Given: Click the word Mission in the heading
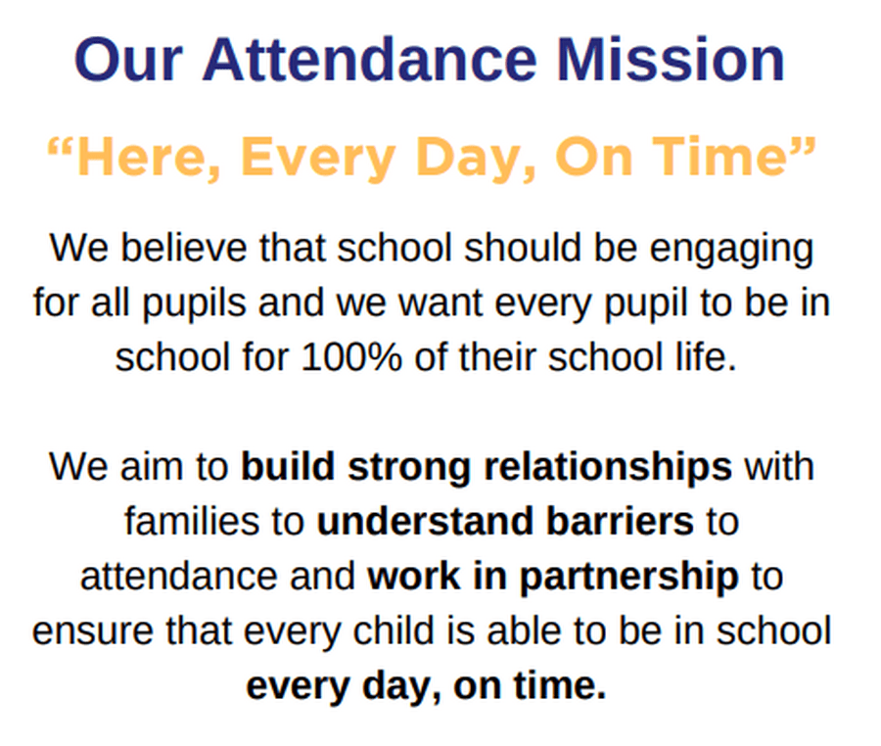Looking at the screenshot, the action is pyautogui.click(x=671, y=60).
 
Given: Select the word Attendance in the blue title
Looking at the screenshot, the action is pyautogui.click(x=370, y=60).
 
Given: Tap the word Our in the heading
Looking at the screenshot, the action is pyautogui.click(x=128, y=60).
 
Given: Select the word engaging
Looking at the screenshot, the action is pyautogui.click(x=731, y=250).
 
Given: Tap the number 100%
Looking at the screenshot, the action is pyautogui.click(x=351, y=356).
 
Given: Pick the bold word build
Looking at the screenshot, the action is pyautogui.click(x=288, y=466).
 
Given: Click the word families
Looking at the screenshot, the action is pyautogui.click(x=192, y=520).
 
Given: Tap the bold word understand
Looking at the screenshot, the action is pyautogui.click(x=425, y=521).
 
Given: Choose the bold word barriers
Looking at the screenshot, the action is pyautogui.click(x=620, y=521).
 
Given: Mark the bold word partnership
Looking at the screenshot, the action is pyautogui.click(x=628, y=578).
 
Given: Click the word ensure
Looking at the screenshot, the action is pyautogui.click(x=93, y=631).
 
